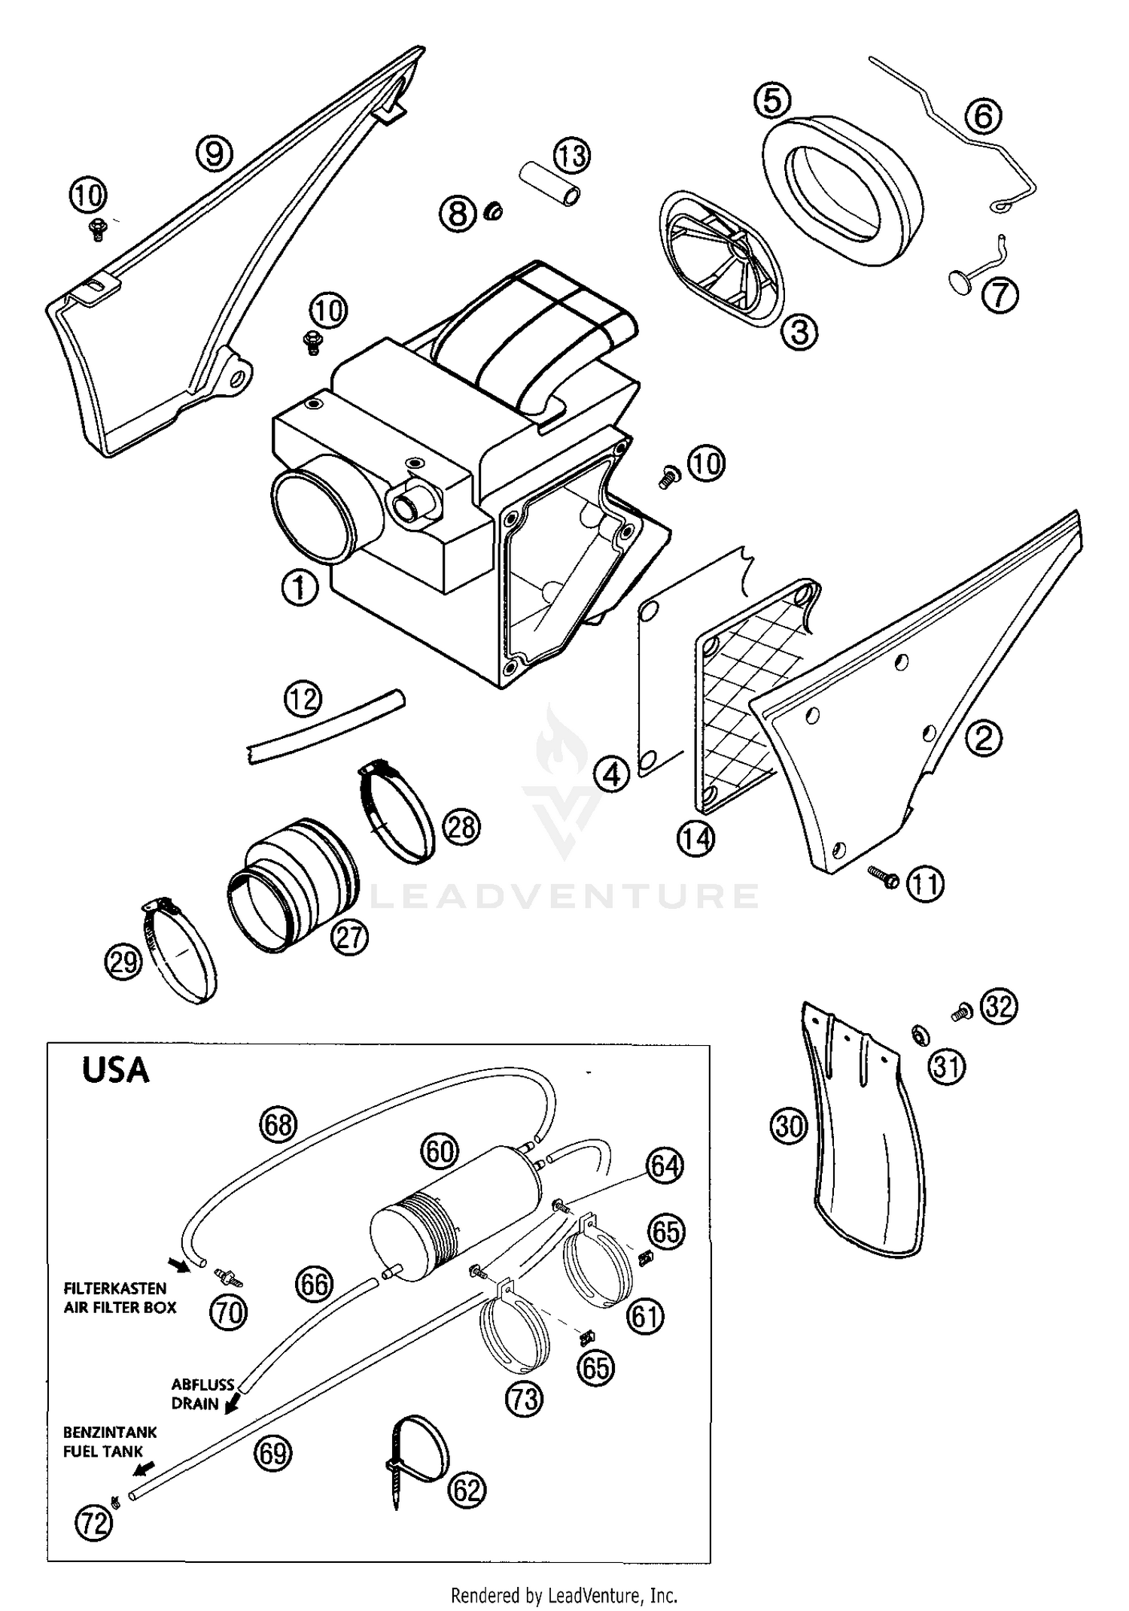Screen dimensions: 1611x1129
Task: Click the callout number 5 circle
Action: [772, 100]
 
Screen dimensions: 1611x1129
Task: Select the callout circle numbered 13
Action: [572, 156]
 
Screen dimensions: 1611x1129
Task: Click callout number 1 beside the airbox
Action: [300, 588]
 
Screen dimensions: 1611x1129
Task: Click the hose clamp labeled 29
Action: [180, 951]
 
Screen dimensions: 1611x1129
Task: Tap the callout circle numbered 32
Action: [1000, 1007]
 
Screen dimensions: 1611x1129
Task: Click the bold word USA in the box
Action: [115, 1069]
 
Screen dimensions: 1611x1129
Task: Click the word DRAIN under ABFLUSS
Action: [194, 1403]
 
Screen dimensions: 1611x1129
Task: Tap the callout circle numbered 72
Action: [93, 1524]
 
